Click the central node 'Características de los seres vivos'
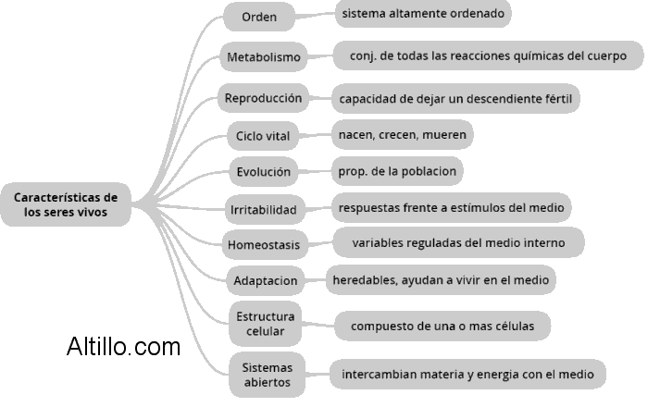tap(66, 204)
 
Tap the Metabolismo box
tap(264, 57)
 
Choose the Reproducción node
tap(264, 97)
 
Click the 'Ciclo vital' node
tap(264, 137)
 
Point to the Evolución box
tap(264, 172)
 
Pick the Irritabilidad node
tap(264, 210)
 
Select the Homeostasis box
tap(264, 245)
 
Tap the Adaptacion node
tap(266, 280)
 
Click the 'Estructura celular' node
tap(266, 322)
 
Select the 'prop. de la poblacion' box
tap(396, 172)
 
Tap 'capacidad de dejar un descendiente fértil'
tap(455, 98)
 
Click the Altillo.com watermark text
tap(124, 347)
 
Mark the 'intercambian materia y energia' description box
tap(467, 375)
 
